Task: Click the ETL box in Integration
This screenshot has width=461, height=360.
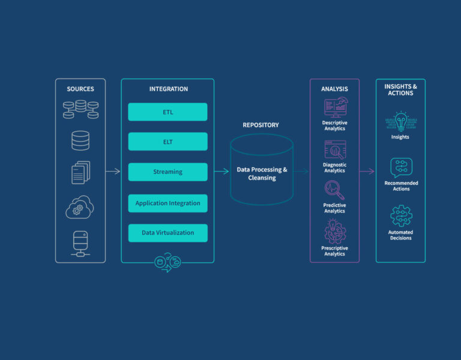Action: (167, 112)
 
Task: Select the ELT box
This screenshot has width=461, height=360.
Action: (167, 142)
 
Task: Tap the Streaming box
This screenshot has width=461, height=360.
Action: (167, 172)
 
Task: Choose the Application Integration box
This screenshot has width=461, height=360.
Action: (167, 203)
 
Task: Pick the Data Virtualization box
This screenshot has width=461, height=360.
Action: (167, 233)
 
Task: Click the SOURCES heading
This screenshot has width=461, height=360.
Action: (80, 89)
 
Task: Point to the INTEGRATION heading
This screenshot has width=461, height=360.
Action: (168, 89)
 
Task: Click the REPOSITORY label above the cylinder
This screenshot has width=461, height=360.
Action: (261, 125)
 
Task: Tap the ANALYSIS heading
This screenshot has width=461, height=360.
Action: (334, 89)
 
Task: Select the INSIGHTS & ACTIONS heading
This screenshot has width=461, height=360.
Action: (400, 90)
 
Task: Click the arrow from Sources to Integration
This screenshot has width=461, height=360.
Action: (113, 172)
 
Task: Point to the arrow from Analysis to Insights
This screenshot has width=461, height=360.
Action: (367, 172)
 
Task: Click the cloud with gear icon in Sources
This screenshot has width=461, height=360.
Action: (80, 207)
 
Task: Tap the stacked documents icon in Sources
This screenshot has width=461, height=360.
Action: (80, 173)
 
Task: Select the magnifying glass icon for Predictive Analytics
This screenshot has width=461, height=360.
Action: (334, 190)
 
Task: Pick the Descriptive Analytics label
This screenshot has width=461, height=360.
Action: (334, 125)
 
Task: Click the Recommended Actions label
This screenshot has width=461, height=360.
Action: (401, 186)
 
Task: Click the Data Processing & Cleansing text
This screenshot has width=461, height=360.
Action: (262, 173)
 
